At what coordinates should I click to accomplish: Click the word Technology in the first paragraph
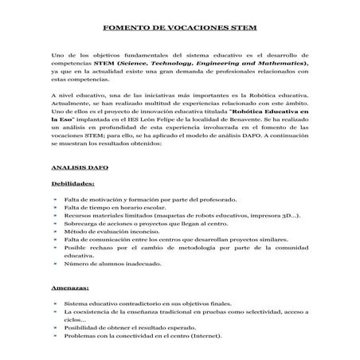click(x=170, y=62)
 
